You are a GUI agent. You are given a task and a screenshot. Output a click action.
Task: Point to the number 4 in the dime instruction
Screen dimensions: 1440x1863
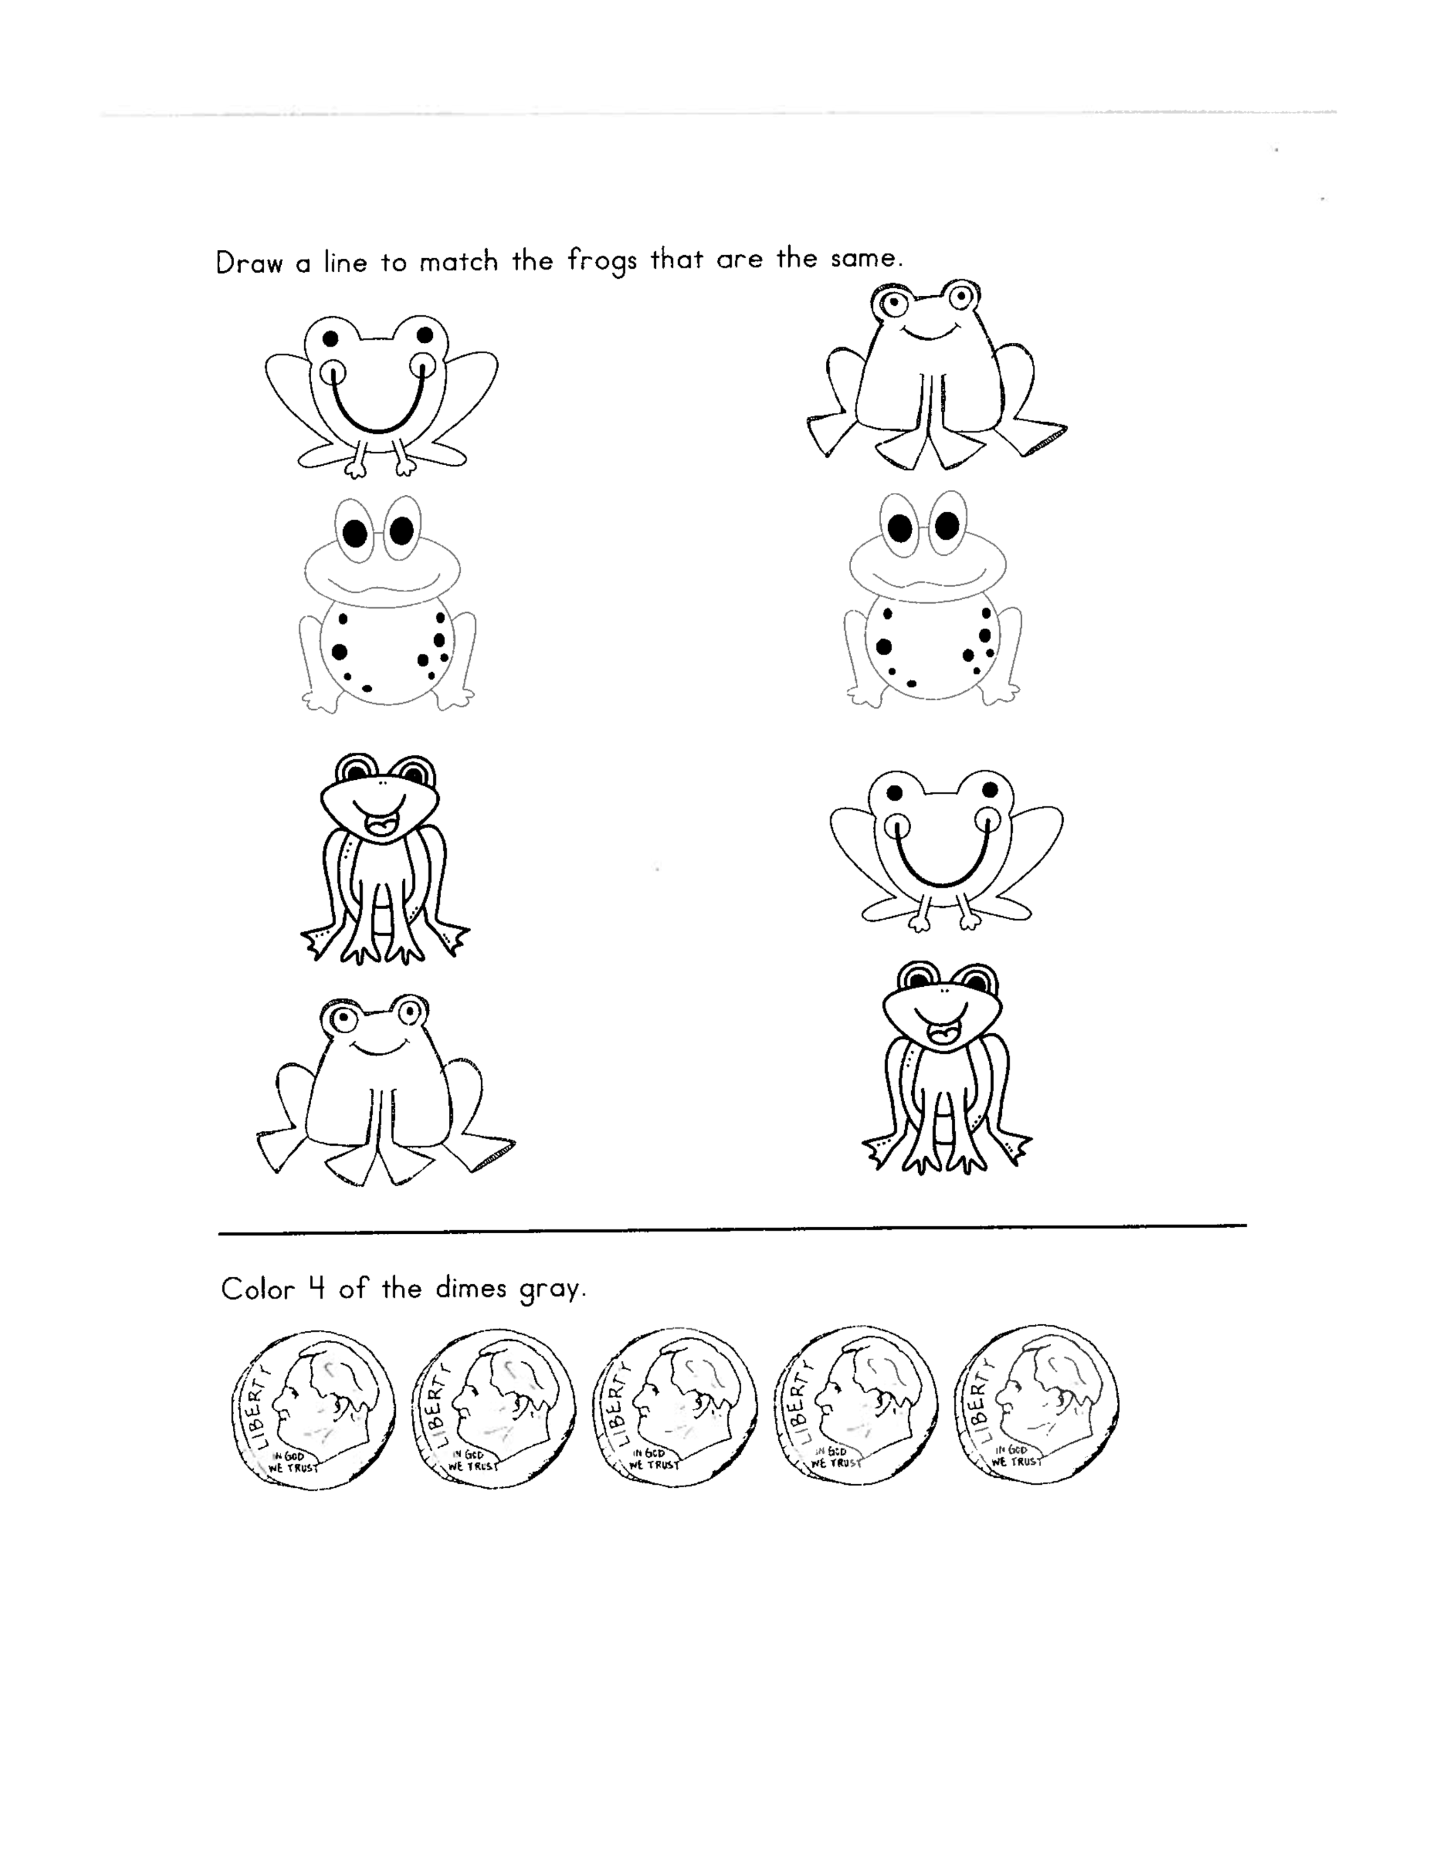click(x=316, y=1287)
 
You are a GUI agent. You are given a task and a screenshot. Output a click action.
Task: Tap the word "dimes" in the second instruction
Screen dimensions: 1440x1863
click(x=471, y=1287)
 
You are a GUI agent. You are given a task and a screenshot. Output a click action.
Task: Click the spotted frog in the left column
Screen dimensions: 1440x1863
click(x=388, y=604)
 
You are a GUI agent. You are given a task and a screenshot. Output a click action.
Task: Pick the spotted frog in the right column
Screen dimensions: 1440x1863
click(x=934, y=599)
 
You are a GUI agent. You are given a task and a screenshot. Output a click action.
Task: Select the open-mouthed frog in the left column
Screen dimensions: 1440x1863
click(x=385, y=859)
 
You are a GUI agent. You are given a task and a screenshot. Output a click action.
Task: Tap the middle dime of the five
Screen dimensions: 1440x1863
click(x=675, y=1407)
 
